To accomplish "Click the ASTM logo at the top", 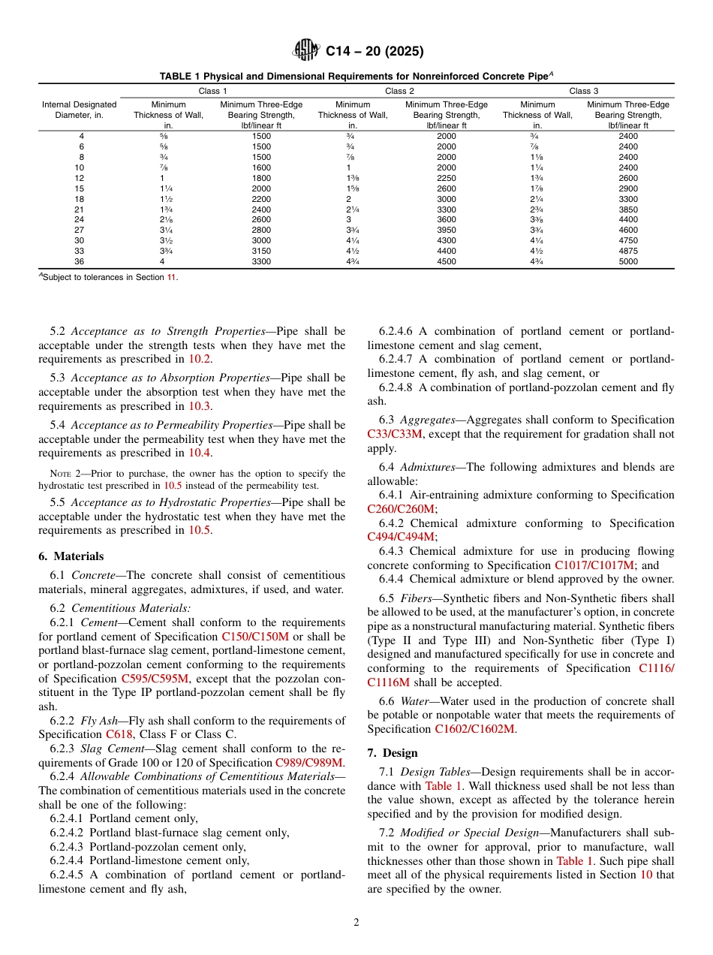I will click(306, 51).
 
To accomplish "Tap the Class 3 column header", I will click(584, 91).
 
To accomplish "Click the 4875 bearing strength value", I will click(628, 251).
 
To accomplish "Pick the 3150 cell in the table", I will click(261, 251).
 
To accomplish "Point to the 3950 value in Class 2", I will click(446, 230).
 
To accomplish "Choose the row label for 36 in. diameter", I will click(80, 261).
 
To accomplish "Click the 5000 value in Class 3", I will click(628, 261).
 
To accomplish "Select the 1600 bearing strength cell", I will click(261, 167).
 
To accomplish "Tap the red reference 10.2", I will click(199, 359).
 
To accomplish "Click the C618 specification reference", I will click(119, 734).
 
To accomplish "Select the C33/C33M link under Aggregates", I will click(395, 434).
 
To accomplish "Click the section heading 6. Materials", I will click(71, 556).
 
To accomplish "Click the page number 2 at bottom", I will click(356, 923).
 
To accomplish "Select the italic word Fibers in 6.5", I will click(416, 598).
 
